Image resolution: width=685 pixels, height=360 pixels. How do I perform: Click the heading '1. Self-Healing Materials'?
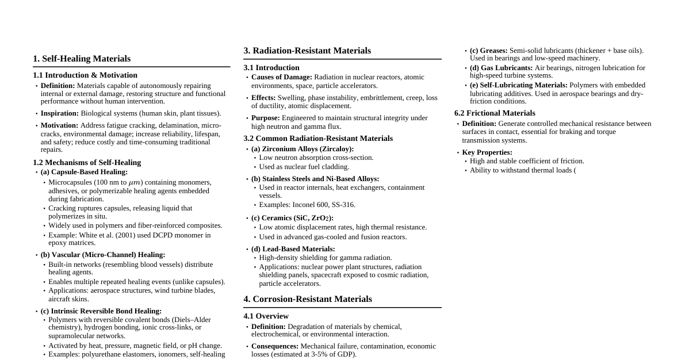pyautogui.click(x=82, y=59)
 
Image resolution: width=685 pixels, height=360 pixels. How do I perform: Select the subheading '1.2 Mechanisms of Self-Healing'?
pyautogui.click(x=87, y=163)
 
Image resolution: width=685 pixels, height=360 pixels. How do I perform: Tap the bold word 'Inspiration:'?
pyautogui.click(x=60, y=113)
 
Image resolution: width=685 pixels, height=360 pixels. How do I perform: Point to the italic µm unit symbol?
pyautogui.click(x=135, y=183)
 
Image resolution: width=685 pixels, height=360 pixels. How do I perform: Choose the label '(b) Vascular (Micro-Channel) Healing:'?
pyautogui.click(x=103, y=255)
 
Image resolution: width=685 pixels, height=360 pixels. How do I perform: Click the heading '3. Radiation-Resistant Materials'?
pyautogui.click(x=307, y=51)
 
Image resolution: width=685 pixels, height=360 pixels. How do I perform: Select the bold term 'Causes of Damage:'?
pyautogui.click(x=282, y=77)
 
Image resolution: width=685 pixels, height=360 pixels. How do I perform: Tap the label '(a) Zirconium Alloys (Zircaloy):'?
pyautogui.click(x=303, y=149)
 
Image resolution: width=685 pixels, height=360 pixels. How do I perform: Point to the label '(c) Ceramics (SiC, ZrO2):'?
pyautogui.click(x=292, y=218)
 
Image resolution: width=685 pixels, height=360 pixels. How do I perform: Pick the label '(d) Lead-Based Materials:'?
pyautogui.click(x=293, y=249)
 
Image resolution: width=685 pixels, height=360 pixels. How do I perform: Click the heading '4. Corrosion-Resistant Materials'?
pyautogui.click(x=308, y=299)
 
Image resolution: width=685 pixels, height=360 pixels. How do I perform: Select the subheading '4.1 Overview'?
pyautogui.click(x=266, y=316)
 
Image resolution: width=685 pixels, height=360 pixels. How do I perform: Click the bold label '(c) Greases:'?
pyautogui.click(x=489, y=51)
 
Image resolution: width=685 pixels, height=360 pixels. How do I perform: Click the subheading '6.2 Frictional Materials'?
pyautogui.click(x=495, y=113)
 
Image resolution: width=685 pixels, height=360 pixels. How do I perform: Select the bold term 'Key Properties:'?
pyautogui.click(x=487, y=152)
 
